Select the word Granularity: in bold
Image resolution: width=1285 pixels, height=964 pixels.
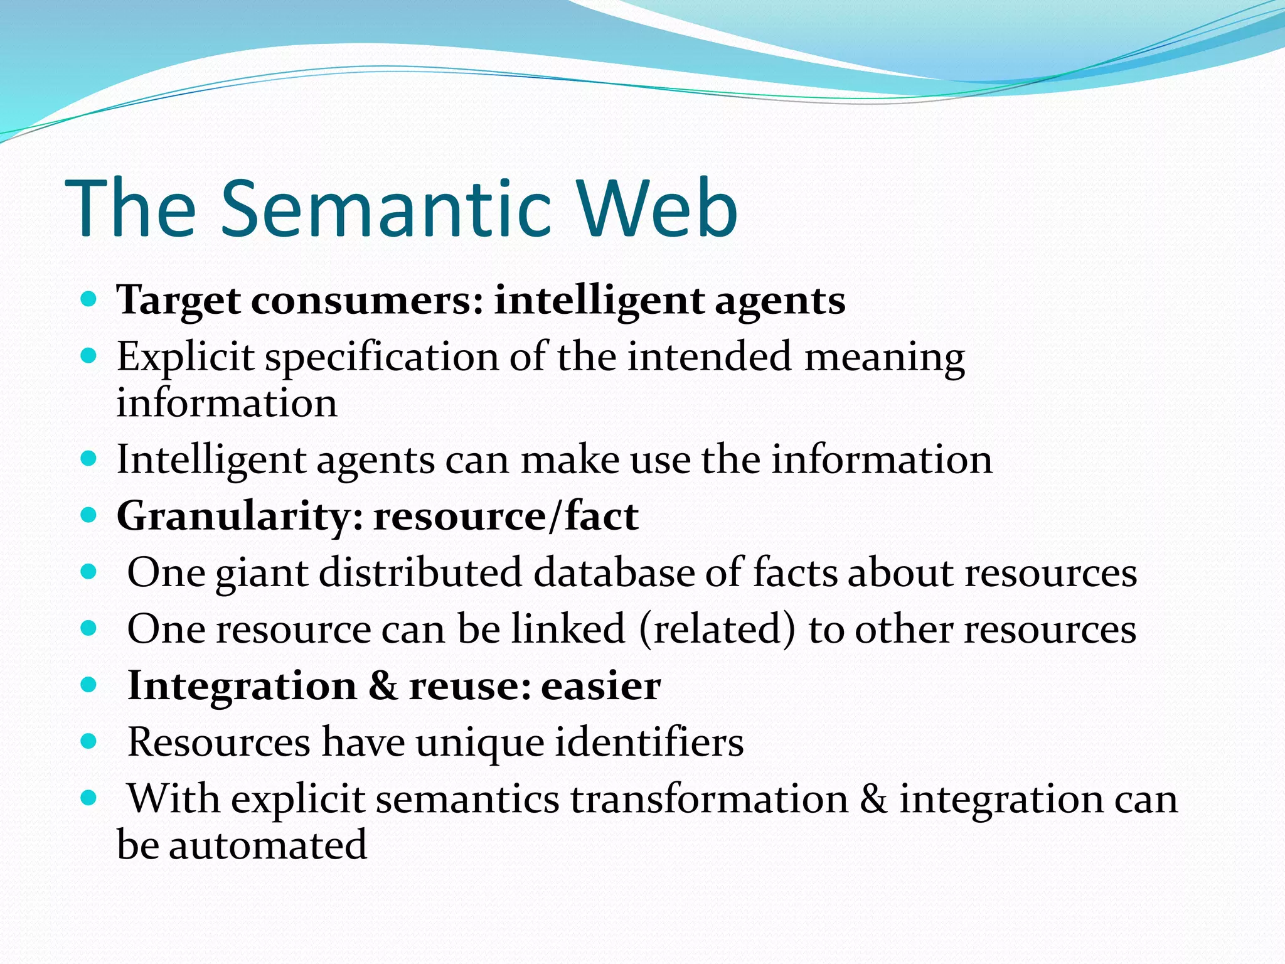(x=240, y=517)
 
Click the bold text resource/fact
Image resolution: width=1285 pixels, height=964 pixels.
(x=506, y=517)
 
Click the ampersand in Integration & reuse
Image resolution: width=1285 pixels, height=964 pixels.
(x=382, y=686)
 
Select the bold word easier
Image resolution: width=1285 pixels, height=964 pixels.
(x=600, y=686)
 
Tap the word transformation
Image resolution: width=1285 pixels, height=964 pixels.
(x=709, y=800)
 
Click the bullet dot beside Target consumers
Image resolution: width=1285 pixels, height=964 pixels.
(x=88, y=299)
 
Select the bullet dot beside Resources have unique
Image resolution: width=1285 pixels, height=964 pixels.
(x=88, y=742)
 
